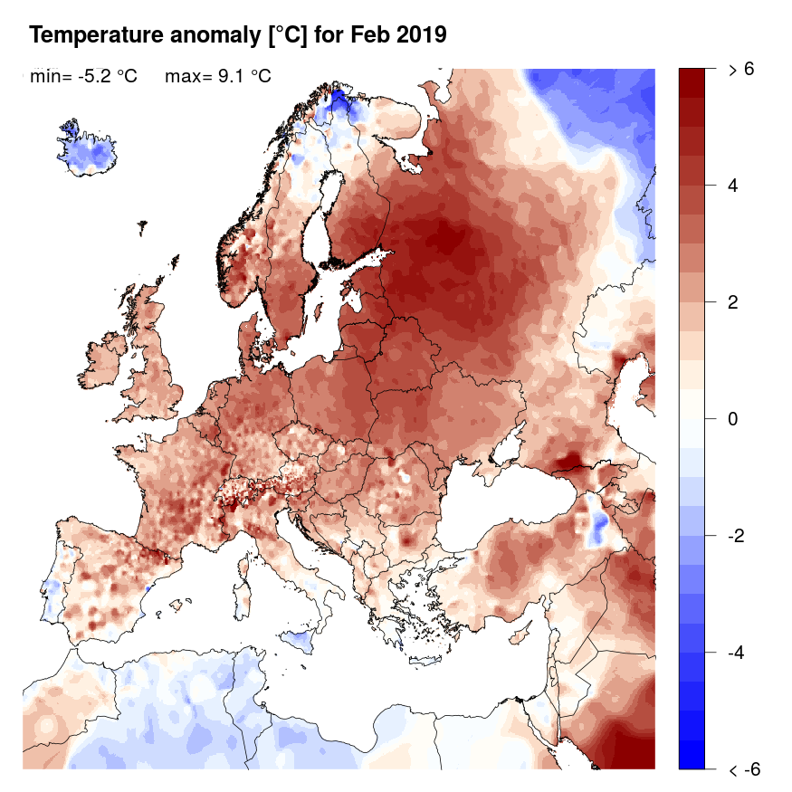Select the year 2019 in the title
tap(417, 35)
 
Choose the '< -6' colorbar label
tap(743, 770)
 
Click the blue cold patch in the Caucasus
tap(596, 522)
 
